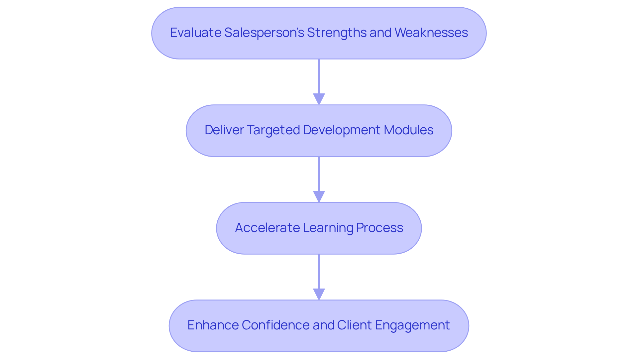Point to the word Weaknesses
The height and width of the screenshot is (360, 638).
coord(431,33)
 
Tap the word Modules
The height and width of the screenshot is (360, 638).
coord(408,130)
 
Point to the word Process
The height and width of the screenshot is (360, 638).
coord(379,228)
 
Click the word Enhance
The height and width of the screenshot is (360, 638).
coord(213,325)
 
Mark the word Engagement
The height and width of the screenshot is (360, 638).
coord(412,325)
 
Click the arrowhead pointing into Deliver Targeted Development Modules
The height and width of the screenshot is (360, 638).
coord(319,99)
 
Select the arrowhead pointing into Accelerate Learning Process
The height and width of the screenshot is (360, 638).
coord(319,196)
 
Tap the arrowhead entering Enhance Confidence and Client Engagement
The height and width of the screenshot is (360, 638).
coord(319,294)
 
